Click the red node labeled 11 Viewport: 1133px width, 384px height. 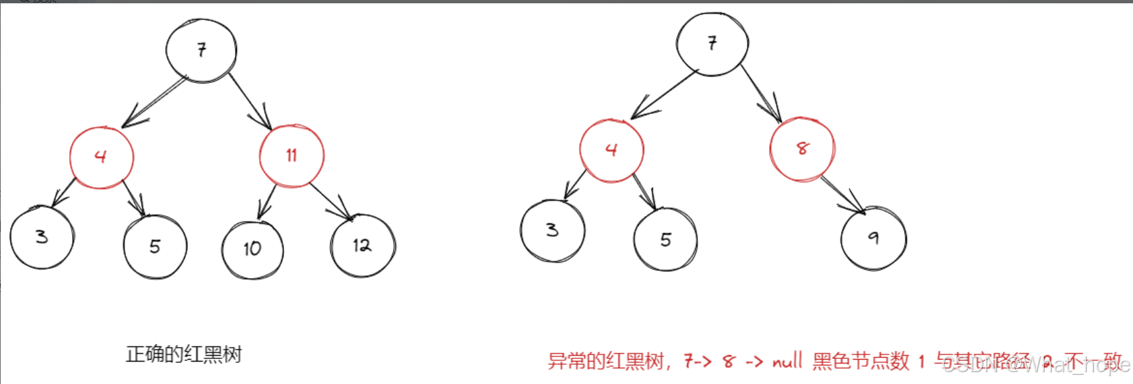[291, 156]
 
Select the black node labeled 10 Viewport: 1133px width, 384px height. [253, 249]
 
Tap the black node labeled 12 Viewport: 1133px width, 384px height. [362, 246]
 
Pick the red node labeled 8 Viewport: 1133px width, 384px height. [802, 149]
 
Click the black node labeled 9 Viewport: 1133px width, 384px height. [873, 238]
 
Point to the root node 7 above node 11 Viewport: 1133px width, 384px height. [201, 50]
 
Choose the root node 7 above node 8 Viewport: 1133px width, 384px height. [712, 43]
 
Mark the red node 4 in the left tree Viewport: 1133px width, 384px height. [102, 157]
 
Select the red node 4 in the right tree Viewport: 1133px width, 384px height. [611, 150]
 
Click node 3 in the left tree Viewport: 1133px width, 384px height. [42, 237]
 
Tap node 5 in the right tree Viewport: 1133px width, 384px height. [665, 240]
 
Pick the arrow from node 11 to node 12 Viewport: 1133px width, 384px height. [330, 201]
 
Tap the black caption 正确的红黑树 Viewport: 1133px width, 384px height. [184, 354]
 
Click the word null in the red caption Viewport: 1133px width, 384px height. [787, 361]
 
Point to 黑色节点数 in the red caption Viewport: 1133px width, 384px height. [861, 361]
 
